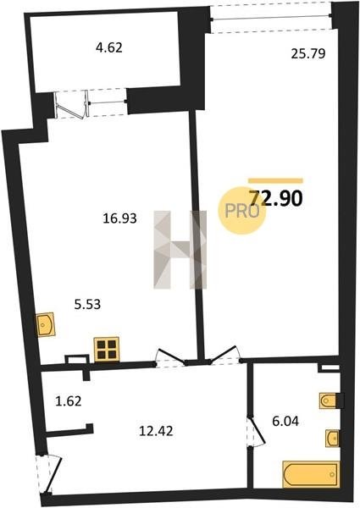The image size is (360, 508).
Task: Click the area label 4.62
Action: point(109,48)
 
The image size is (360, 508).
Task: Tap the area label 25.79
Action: point(307,53)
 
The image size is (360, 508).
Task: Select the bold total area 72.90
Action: point(276,198)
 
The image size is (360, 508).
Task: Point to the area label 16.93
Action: point(120,218)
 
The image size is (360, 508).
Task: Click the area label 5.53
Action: point(87,305)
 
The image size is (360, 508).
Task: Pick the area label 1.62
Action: point(68,401)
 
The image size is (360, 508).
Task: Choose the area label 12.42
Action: point(156,431)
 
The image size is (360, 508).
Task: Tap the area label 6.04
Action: point(285,422)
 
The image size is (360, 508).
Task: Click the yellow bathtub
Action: point(311,474)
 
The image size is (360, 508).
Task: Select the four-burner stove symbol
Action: point(107,349)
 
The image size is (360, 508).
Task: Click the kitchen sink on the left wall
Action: point(46,324)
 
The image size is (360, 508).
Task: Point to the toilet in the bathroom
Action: point(329,401)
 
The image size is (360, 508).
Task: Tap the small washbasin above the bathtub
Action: point(333,439)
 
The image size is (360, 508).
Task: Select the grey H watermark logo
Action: point(180,250)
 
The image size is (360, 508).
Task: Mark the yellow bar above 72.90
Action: point(275,181)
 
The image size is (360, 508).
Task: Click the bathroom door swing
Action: point(256,432)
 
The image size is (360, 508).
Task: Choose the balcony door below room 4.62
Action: point(72,104)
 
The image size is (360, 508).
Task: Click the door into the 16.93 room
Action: point(171,357)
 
